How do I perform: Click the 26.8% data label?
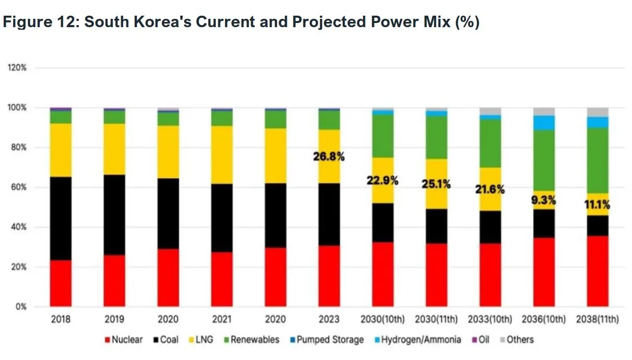click(329, 156)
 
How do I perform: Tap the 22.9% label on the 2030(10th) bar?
click(382, 181)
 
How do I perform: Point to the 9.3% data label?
click(543, 200)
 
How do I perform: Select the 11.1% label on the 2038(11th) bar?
click(597, 205)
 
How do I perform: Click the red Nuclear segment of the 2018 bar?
click(61, 283)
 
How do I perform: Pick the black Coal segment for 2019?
click(114, 215)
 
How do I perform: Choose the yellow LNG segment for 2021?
click(222, 155)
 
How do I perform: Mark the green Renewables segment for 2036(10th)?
click(543, 160)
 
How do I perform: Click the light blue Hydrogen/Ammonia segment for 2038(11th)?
click(597, 122)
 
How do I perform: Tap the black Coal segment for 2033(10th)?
click(490, 227)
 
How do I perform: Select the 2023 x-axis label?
click(329, 319)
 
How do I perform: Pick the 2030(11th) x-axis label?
click(436, 319)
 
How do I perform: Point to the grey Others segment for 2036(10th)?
click(543, 111)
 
